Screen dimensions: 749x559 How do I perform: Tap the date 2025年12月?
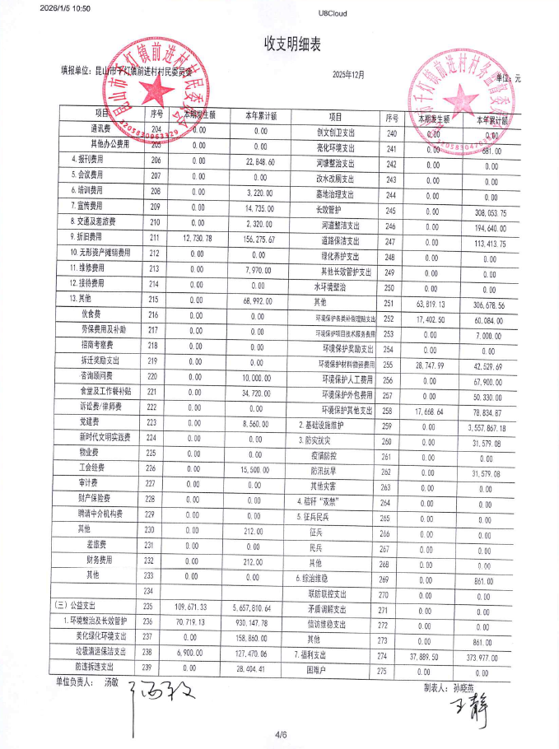[x=348, y=75]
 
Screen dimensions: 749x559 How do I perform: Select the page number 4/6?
[x=280, y=733]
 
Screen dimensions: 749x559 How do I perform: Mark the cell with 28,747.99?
[x=431, y=365]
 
